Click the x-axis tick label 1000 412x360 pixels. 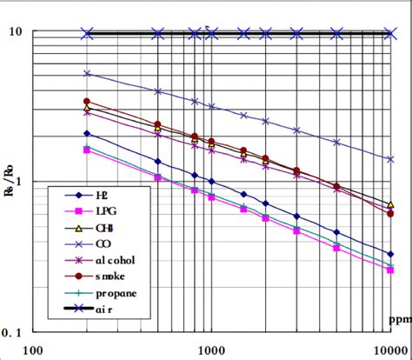pos(211,350)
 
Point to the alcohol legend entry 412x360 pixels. pos(107,260)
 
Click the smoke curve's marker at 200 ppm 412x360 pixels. pos(86,102)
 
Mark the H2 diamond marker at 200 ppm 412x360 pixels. pos(86,133)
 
